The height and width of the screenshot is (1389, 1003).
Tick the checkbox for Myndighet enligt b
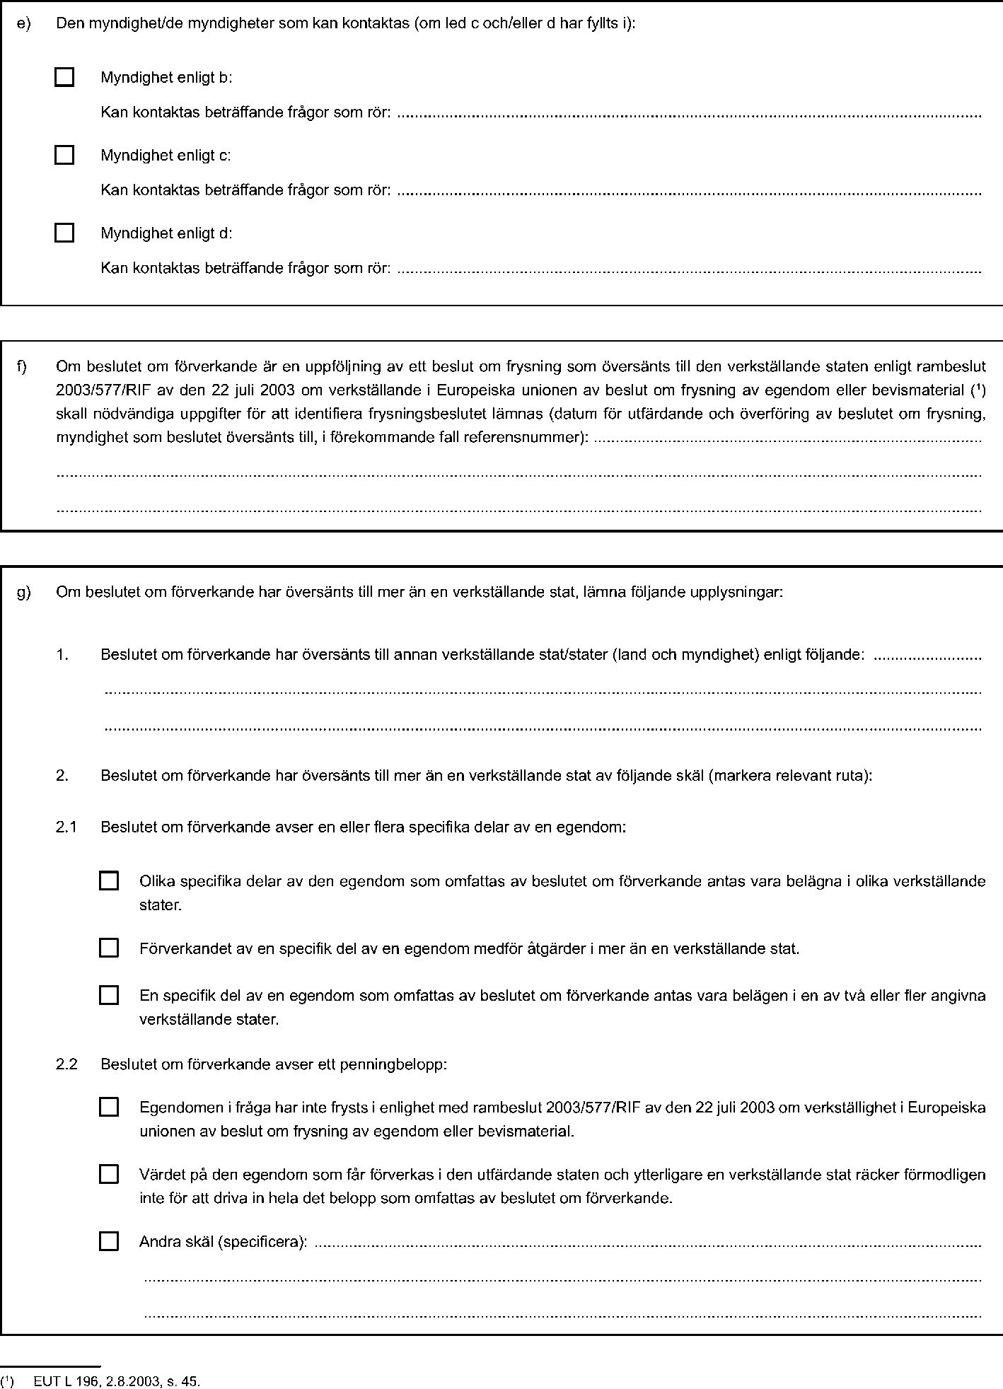coord(64,77)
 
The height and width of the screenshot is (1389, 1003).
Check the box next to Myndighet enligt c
coord(64,155)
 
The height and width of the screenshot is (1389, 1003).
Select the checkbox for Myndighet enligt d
coord(64,233)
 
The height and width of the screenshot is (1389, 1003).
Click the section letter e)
coord(24,23)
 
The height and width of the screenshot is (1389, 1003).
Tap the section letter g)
coord(24,592)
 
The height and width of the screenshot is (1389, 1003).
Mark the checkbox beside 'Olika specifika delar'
coord(109,881)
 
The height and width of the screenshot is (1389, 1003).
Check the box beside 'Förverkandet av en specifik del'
coord(109,948)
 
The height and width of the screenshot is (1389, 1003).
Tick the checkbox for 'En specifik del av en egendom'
coord(109,995)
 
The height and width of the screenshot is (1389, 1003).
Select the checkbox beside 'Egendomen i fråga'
coord(109,1107)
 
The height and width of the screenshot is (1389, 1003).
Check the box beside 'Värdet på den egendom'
coord(109,1175)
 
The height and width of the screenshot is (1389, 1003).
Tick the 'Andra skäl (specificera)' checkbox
coord(109,1241)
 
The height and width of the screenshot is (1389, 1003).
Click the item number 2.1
coord(66,827)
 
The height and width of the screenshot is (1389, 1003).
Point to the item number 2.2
coord(66,1064)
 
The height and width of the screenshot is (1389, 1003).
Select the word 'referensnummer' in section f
coord(533,437)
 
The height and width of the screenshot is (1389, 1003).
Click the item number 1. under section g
coord(62,655)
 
